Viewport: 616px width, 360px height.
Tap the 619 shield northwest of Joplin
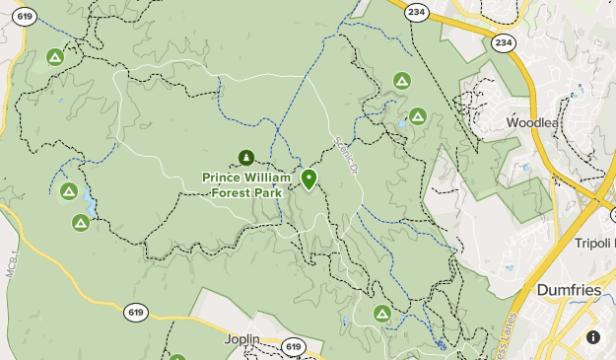click(137, 313)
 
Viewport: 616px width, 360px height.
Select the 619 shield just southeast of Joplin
click(293, 346)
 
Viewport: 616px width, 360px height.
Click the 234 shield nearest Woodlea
click(504, 42)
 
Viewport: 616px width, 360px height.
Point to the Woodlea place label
click(531, 123)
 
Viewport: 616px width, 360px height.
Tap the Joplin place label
click(241, 339)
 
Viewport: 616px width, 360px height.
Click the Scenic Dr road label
click(344, 155)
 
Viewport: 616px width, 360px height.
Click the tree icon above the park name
click(246, 157)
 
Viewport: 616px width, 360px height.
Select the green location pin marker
click(308, 179)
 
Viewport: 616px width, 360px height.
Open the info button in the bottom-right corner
click(593, 336)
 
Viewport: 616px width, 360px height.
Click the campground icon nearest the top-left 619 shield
click(55, 57)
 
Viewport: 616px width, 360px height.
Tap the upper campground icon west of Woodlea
click(401, 80)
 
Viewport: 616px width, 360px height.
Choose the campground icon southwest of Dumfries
click(382, 314)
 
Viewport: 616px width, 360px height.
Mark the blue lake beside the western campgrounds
click(90, 202)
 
